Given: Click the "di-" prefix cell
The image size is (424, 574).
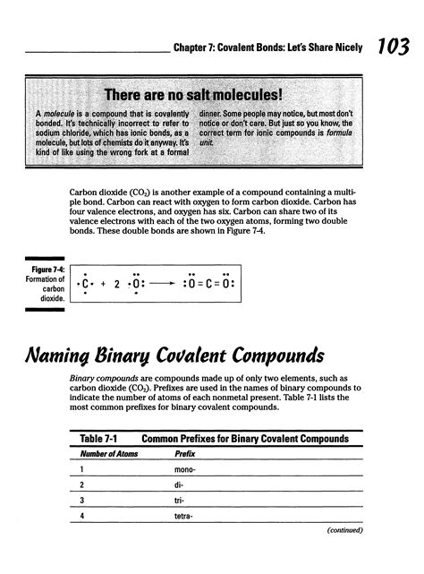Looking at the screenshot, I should [x=181, y=491].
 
